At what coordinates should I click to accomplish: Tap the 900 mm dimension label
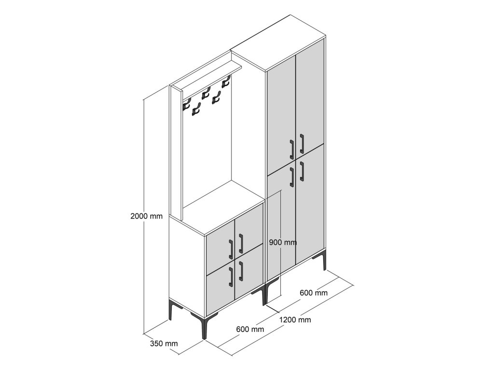point(283,242)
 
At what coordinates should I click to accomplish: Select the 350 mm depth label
point(164,344)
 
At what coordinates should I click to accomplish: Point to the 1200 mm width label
point(295,319)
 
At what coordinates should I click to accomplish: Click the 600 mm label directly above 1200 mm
point(314,293)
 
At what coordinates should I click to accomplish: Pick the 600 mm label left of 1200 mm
point(250,329)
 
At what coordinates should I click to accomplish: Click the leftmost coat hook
point(186,105)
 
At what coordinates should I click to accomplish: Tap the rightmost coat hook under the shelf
point(225,84)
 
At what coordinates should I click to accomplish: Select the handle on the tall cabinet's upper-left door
point(292,149)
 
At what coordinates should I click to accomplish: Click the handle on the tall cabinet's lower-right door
point(302,171)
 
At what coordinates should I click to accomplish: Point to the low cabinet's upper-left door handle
point(231,248)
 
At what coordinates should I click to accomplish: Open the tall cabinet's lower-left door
point(282,222)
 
